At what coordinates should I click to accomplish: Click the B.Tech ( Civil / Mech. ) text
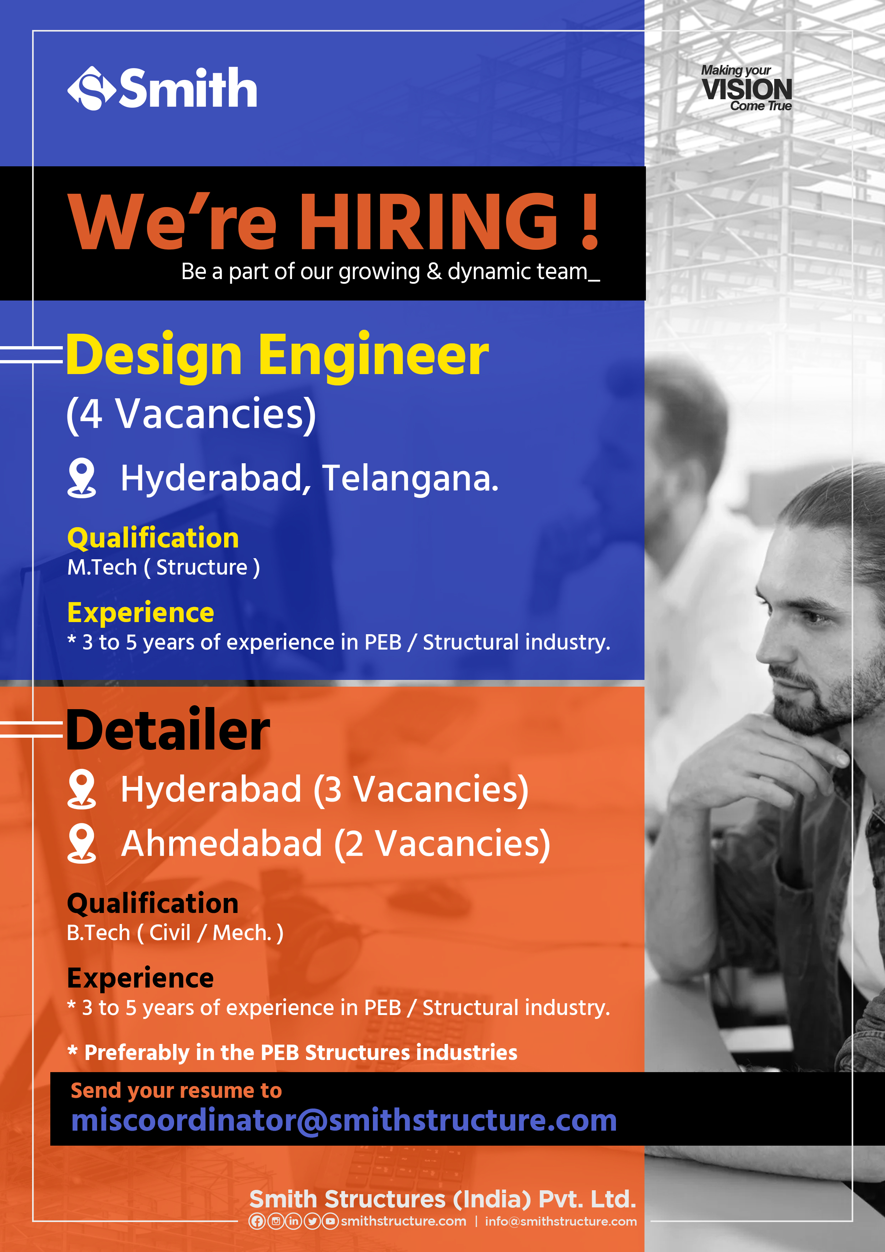pos(175,933)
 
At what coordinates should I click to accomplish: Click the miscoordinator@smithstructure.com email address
pos(344,1121)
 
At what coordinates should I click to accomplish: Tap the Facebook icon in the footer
pos(257,1221)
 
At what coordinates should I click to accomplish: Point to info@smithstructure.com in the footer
pos(561,1221)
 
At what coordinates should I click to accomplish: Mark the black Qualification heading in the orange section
pos(153,904)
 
